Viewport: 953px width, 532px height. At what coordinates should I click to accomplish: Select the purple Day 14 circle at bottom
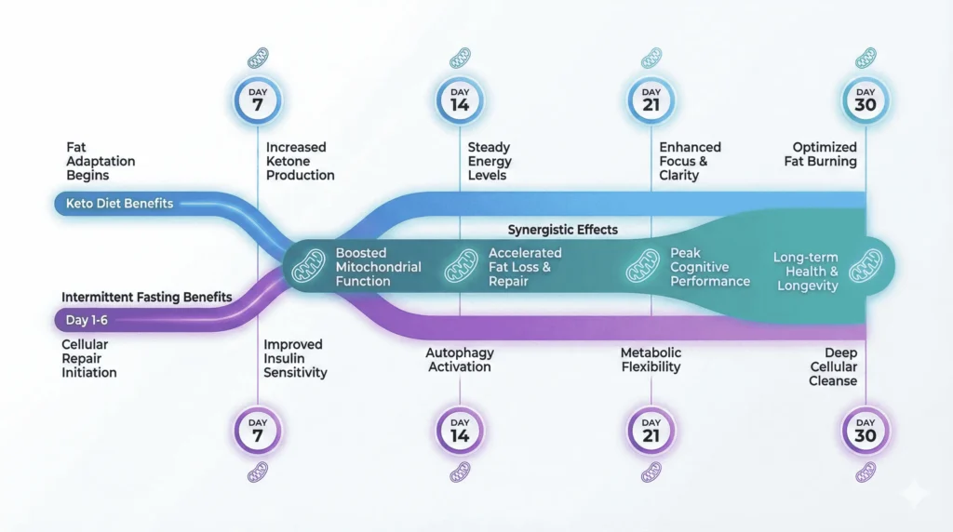(x=460, y=432)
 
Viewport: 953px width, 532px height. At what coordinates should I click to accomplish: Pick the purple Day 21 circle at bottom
(x=651, y=432)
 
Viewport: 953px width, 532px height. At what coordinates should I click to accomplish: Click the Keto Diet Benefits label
(x=119, y=204)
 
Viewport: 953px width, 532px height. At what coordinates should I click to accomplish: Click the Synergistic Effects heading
(x=562, y=230)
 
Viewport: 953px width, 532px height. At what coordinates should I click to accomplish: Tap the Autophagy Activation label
(x=460, y=360)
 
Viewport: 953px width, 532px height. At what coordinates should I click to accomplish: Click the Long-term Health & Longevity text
(x=806, y=272)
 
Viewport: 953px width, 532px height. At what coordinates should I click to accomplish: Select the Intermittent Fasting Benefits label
(x=146, y=297)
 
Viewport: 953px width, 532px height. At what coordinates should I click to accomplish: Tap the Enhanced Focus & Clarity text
(x=690, y=161)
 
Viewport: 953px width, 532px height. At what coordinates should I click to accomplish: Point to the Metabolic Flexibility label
(x=651, y=360)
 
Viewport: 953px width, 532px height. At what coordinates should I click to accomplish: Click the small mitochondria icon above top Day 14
(x=460, y=58)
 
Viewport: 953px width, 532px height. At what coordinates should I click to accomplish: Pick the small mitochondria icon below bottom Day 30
(x=866, y=472)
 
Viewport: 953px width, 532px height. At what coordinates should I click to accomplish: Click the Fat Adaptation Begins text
(x=87, y=161)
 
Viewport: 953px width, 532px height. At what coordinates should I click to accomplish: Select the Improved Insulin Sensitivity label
(x=295, y=358)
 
